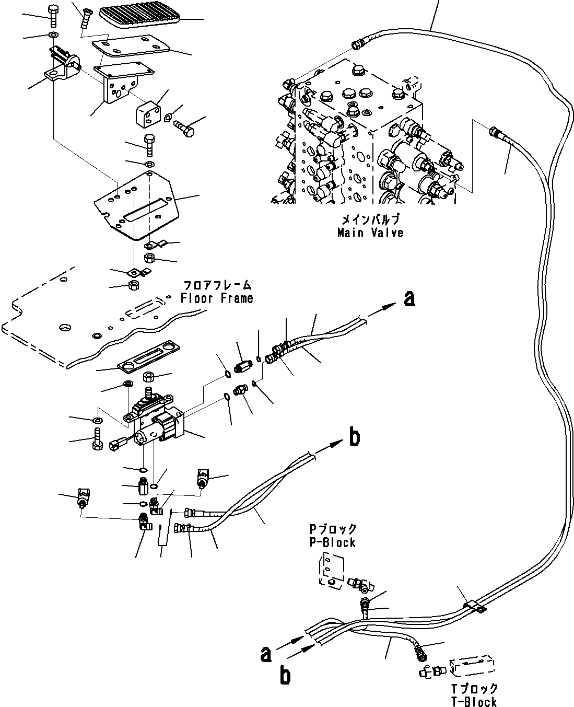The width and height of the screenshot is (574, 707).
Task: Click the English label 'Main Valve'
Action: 370,233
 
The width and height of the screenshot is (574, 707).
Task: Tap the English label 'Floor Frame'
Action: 217,299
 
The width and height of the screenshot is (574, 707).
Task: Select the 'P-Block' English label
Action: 332,542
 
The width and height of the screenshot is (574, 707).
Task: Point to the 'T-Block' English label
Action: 474,702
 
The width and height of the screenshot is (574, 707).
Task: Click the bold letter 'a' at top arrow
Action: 410,298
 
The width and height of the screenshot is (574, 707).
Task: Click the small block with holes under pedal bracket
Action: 148,114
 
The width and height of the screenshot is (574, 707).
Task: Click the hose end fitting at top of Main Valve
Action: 358,44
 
